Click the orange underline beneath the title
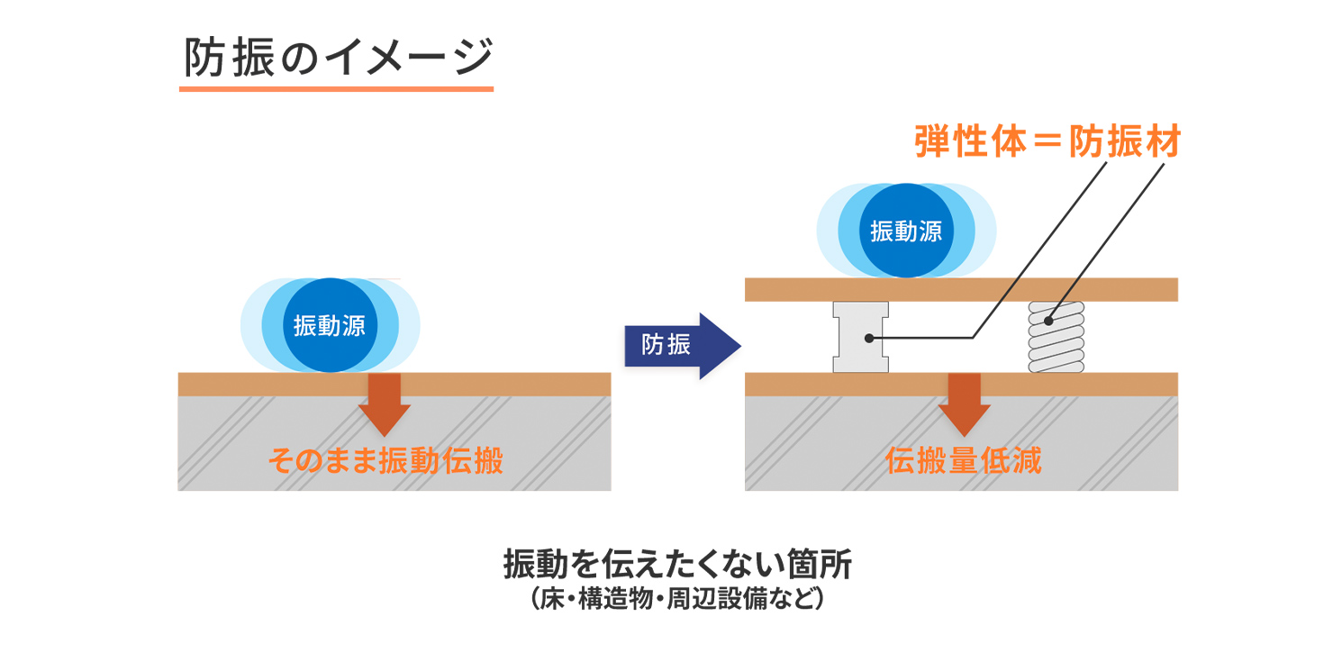(336, 88)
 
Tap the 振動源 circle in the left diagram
(330, 325)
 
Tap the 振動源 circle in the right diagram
(906, 231)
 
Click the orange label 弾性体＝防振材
(1047, 143)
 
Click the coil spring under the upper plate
(1056, 337)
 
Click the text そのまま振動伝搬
(385, 461)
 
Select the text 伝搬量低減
(963, 461)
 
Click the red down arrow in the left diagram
(384, 404)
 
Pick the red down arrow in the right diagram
(963, 404)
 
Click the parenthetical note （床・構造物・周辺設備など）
(677, 598)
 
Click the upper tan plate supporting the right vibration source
(961, 289)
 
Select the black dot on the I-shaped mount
(869, 339)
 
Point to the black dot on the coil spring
(1047, 320)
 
